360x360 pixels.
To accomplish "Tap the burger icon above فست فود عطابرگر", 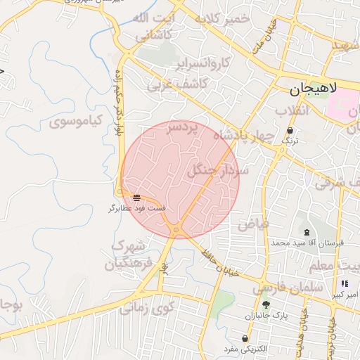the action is [136, 198].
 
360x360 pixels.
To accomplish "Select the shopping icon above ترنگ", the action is [290, 130].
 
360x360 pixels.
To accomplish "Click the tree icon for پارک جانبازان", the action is [266, 304].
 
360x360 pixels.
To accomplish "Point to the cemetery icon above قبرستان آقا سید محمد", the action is [306, 232].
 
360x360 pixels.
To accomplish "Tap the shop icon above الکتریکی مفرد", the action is [244, 339].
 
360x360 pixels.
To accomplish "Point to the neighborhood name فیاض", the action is [253, 224].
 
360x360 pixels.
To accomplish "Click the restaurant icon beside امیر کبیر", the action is [345, 283].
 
